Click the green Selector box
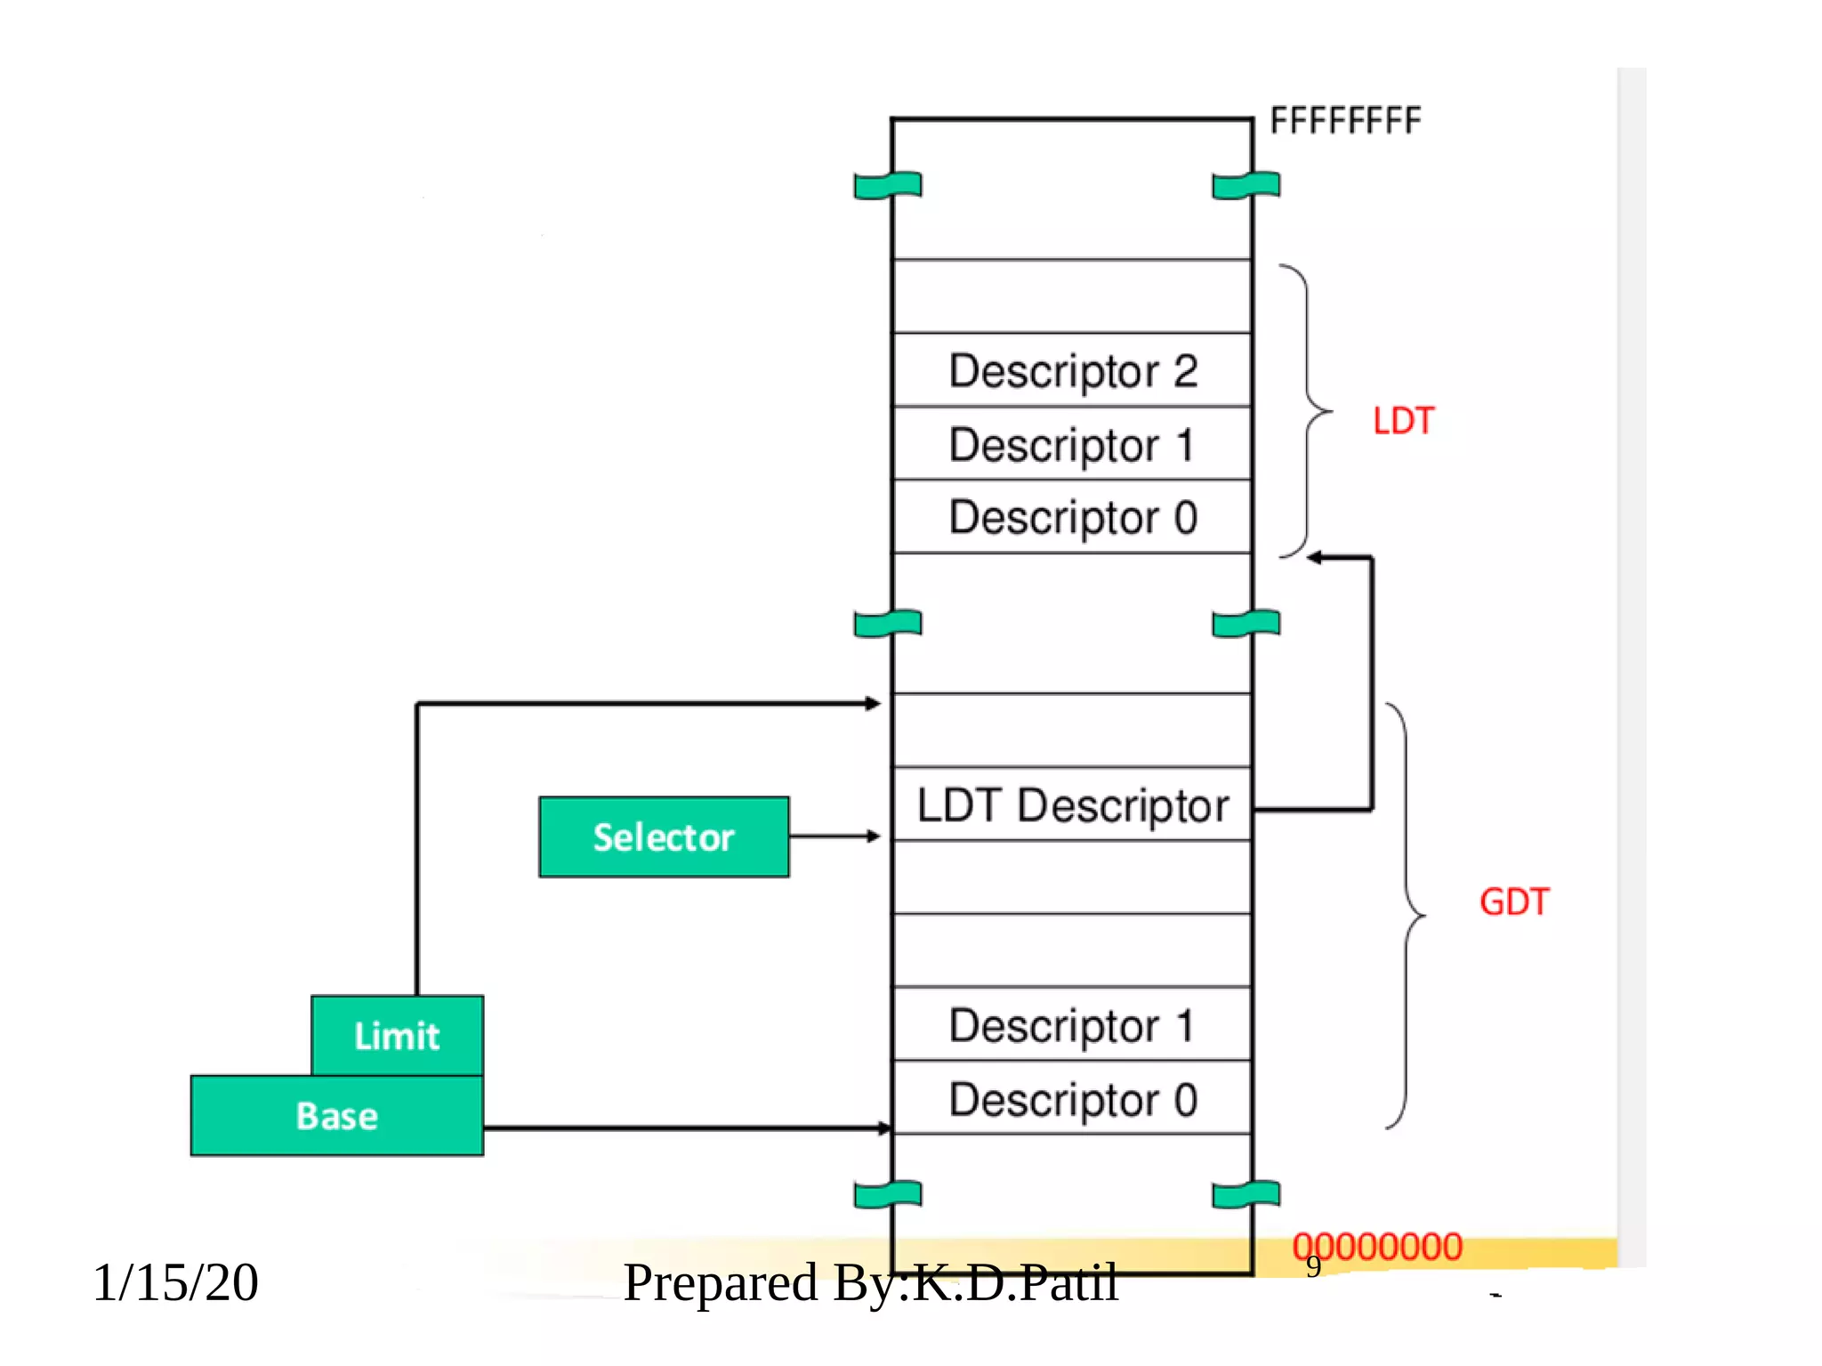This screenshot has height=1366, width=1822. tap(664, 837)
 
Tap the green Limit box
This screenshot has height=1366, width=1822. tap(397, 1036)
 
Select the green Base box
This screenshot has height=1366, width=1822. tap(336, 1116)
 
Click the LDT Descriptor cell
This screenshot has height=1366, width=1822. tap(1072, 804)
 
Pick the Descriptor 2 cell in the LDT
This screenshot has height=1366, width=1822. tap(1072, 370)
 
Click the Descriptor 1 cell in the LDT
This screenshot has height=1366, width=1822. tap(1072, 444)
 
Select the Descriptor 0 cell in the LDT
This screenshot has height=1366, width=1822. tap(1072, 517)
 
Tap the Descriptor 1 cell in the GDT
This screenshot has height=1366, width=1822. tap(1072, 1024)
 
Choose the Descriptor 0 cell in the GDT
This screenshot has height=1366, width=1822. tap(1072, 1098)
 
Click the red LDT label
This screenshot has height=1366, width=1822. tap(1403, 421)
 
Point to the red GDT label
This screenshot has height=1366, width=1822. tap(1513, 901)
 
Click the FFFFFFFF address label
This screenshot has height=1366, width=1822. tap(1344, 120)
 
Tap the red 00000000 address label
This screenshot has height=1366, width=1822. tap(1377, 1246)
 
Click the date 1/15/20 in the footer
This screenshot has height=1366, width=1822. tap(175, 1282)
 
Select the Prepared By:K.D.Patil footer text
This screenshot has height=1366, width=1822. tap(870, 1282)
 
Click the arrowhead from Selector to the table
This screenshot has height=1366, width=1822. tap(874, 837)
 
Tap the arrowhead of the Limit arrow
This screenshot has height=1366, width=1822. tap(874, 704)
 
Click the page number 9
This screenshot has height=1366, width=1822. tap(1313, 1266)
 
